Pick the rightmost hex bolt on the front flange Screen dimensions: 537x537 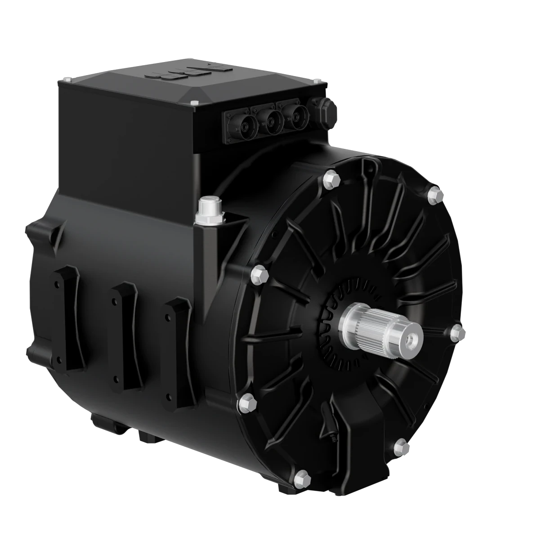click(x=458, y=332)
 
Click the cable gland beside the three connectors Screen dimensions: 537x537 click(x=326, y=113)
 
